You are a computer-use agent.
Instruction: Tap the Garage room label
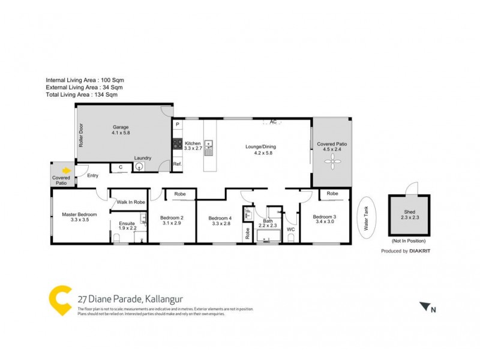point(122,130)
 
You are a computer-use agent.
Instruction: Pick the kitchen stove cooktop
point(178,144)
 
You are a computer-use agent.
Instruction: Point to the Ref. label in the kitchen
point(177,164)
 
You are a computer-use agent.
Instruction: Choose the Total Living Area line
point(82,94)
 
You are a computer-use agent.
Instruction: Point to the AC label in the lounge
point(272,122)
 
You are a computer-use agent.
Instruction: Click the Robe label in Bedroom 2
point(179,194)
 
